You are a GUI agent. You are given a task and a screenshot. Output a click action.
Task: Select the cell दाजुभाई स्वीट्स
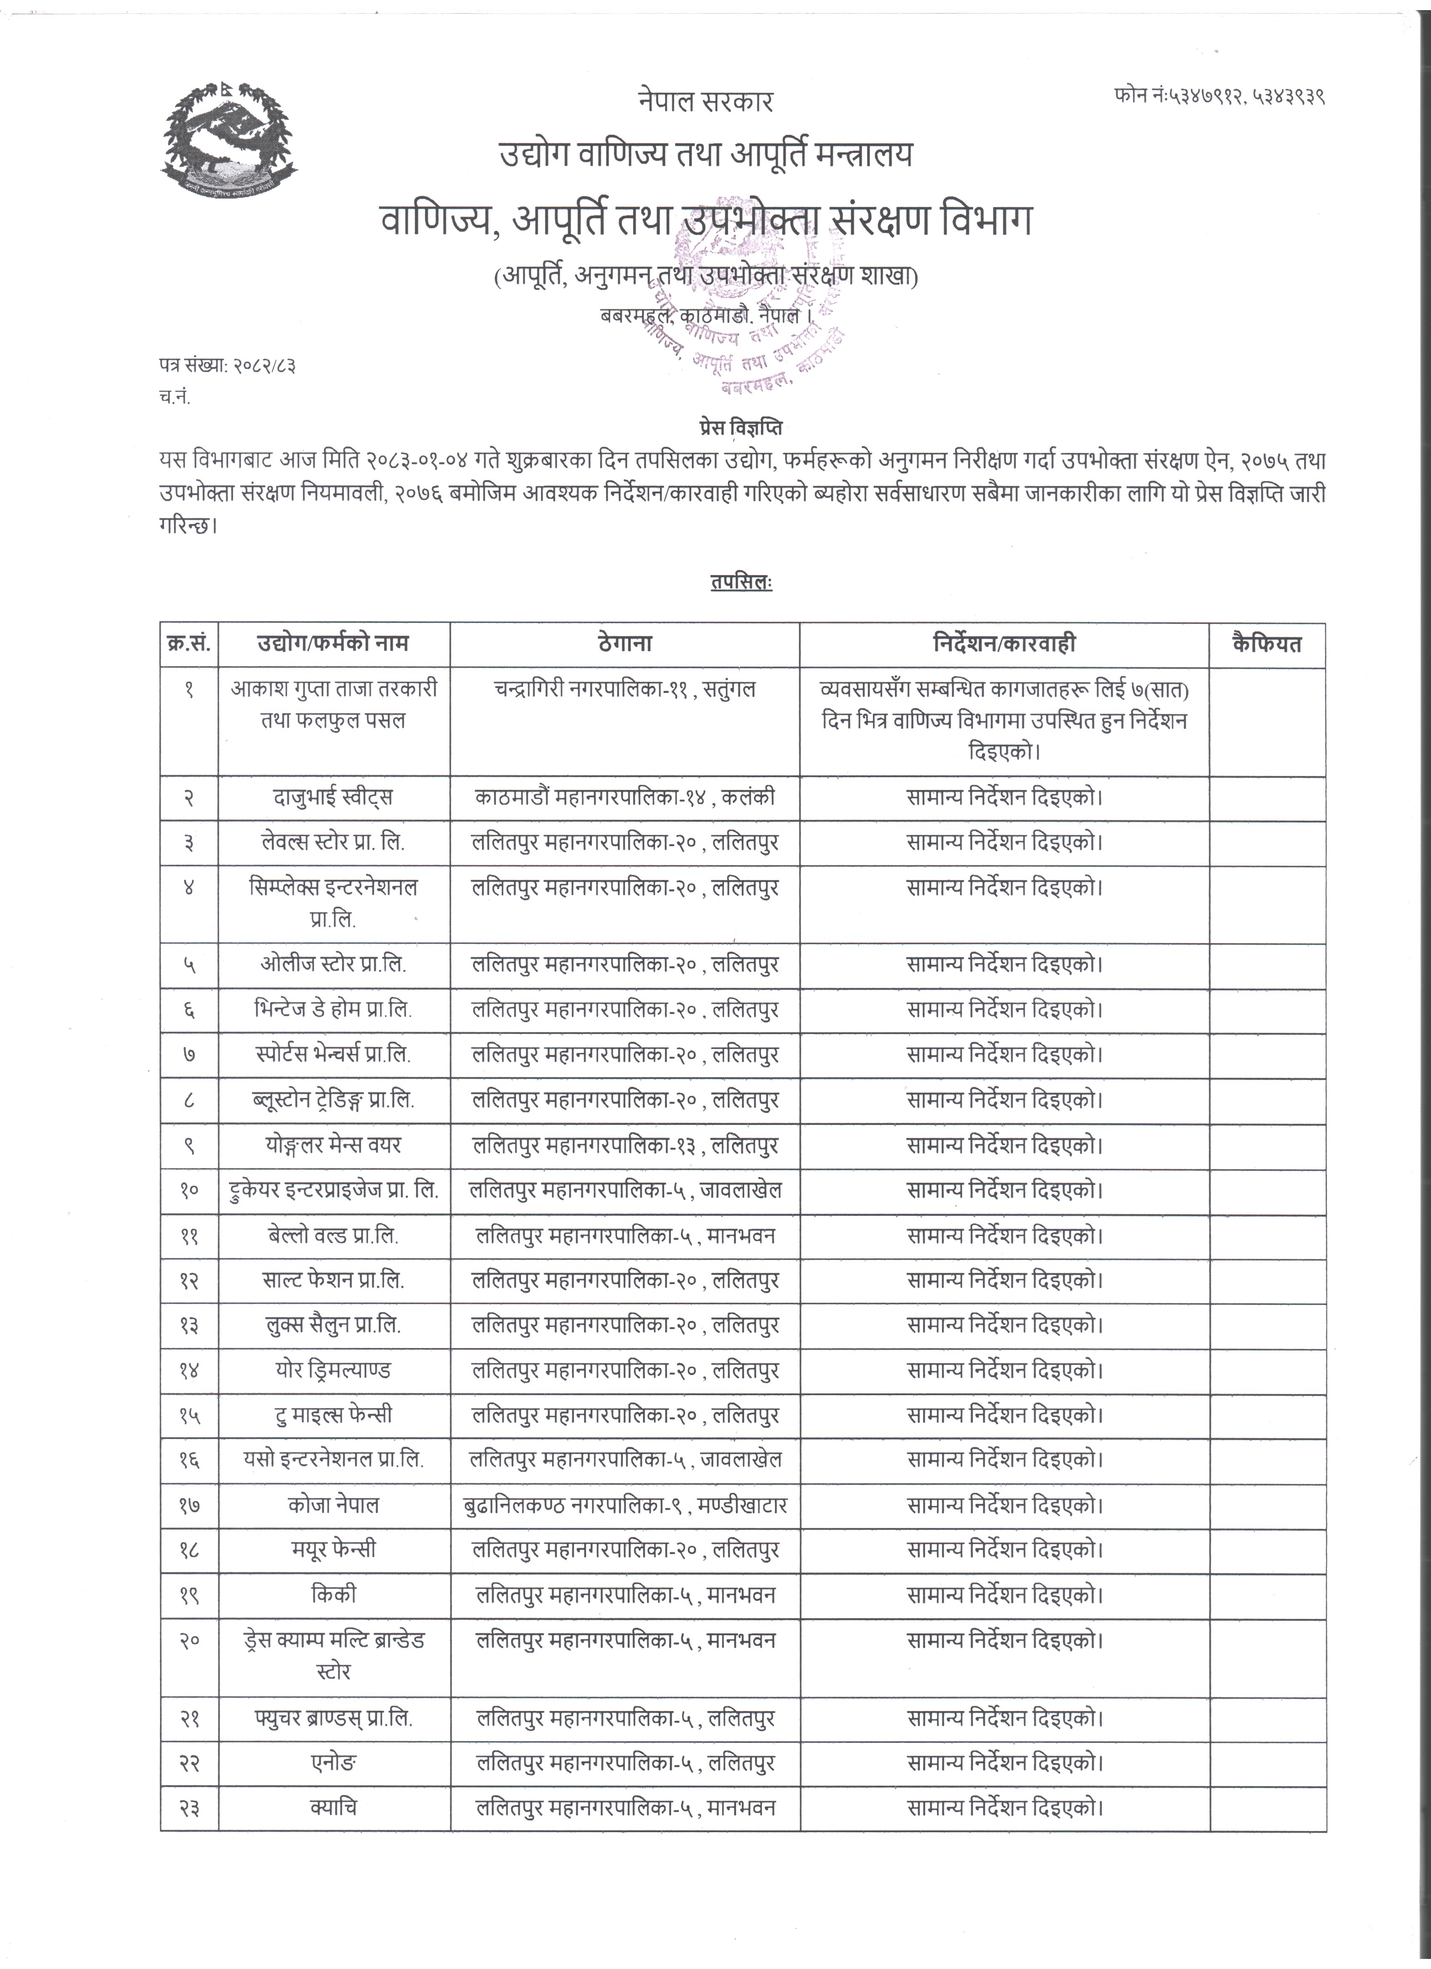tap(333, 797)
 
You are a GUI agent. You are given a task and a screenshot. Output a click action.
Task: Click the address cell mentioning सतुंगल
tap(624, 689)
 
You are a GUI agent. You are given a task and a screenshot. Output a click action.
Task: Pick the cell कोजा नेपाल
tap(333, 1505)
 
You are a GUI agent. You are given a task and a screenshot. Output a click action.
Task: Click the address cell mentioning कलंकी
tap(624, 797)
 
